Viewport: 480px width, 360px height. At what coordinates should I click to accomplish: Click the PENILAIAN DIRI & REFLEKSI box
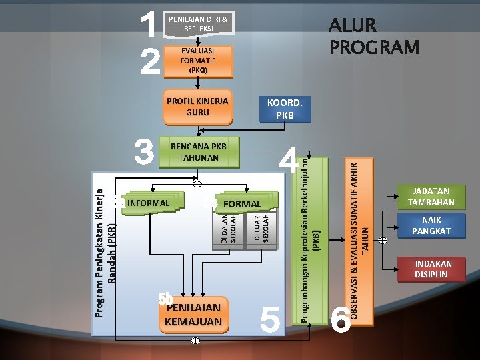point(198,25)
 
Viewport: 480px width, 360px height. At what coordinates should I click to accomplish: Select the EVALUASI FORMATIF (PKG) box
point(198,60)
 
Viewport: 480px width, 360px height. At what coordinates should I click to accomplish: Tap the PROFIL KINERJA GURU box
point(197,107)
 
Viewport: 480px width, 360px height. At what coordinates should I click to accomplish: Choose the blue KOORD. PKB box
point(285,109)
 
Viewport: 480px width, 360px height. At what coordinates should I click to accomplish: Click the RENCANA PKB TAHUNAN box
point(199,152)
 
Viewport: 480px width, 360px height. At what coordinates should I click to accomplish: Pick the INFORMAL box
point(147,203)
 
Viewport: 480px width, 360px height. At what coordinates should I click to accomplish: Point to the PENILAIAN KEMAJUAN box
point(193,315)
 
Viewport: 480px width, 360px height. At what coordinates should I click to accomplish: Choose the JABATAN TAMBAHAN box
point(430,197)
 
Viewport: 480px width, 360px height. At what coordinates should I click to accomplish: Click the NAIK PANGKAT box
point(430,227)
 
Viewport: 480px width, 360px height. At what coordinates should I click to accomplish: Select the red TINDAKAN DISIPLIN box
point(430,269)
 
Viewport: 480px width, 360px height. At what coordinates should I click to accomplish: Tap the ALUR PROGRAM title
point(373,37)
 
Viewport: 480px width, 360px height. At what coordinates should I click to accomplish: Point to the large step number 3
point(143,153)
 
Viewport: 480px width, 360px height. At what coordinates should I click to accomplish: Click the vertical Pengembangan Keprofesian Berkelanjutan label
point(311,240)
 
